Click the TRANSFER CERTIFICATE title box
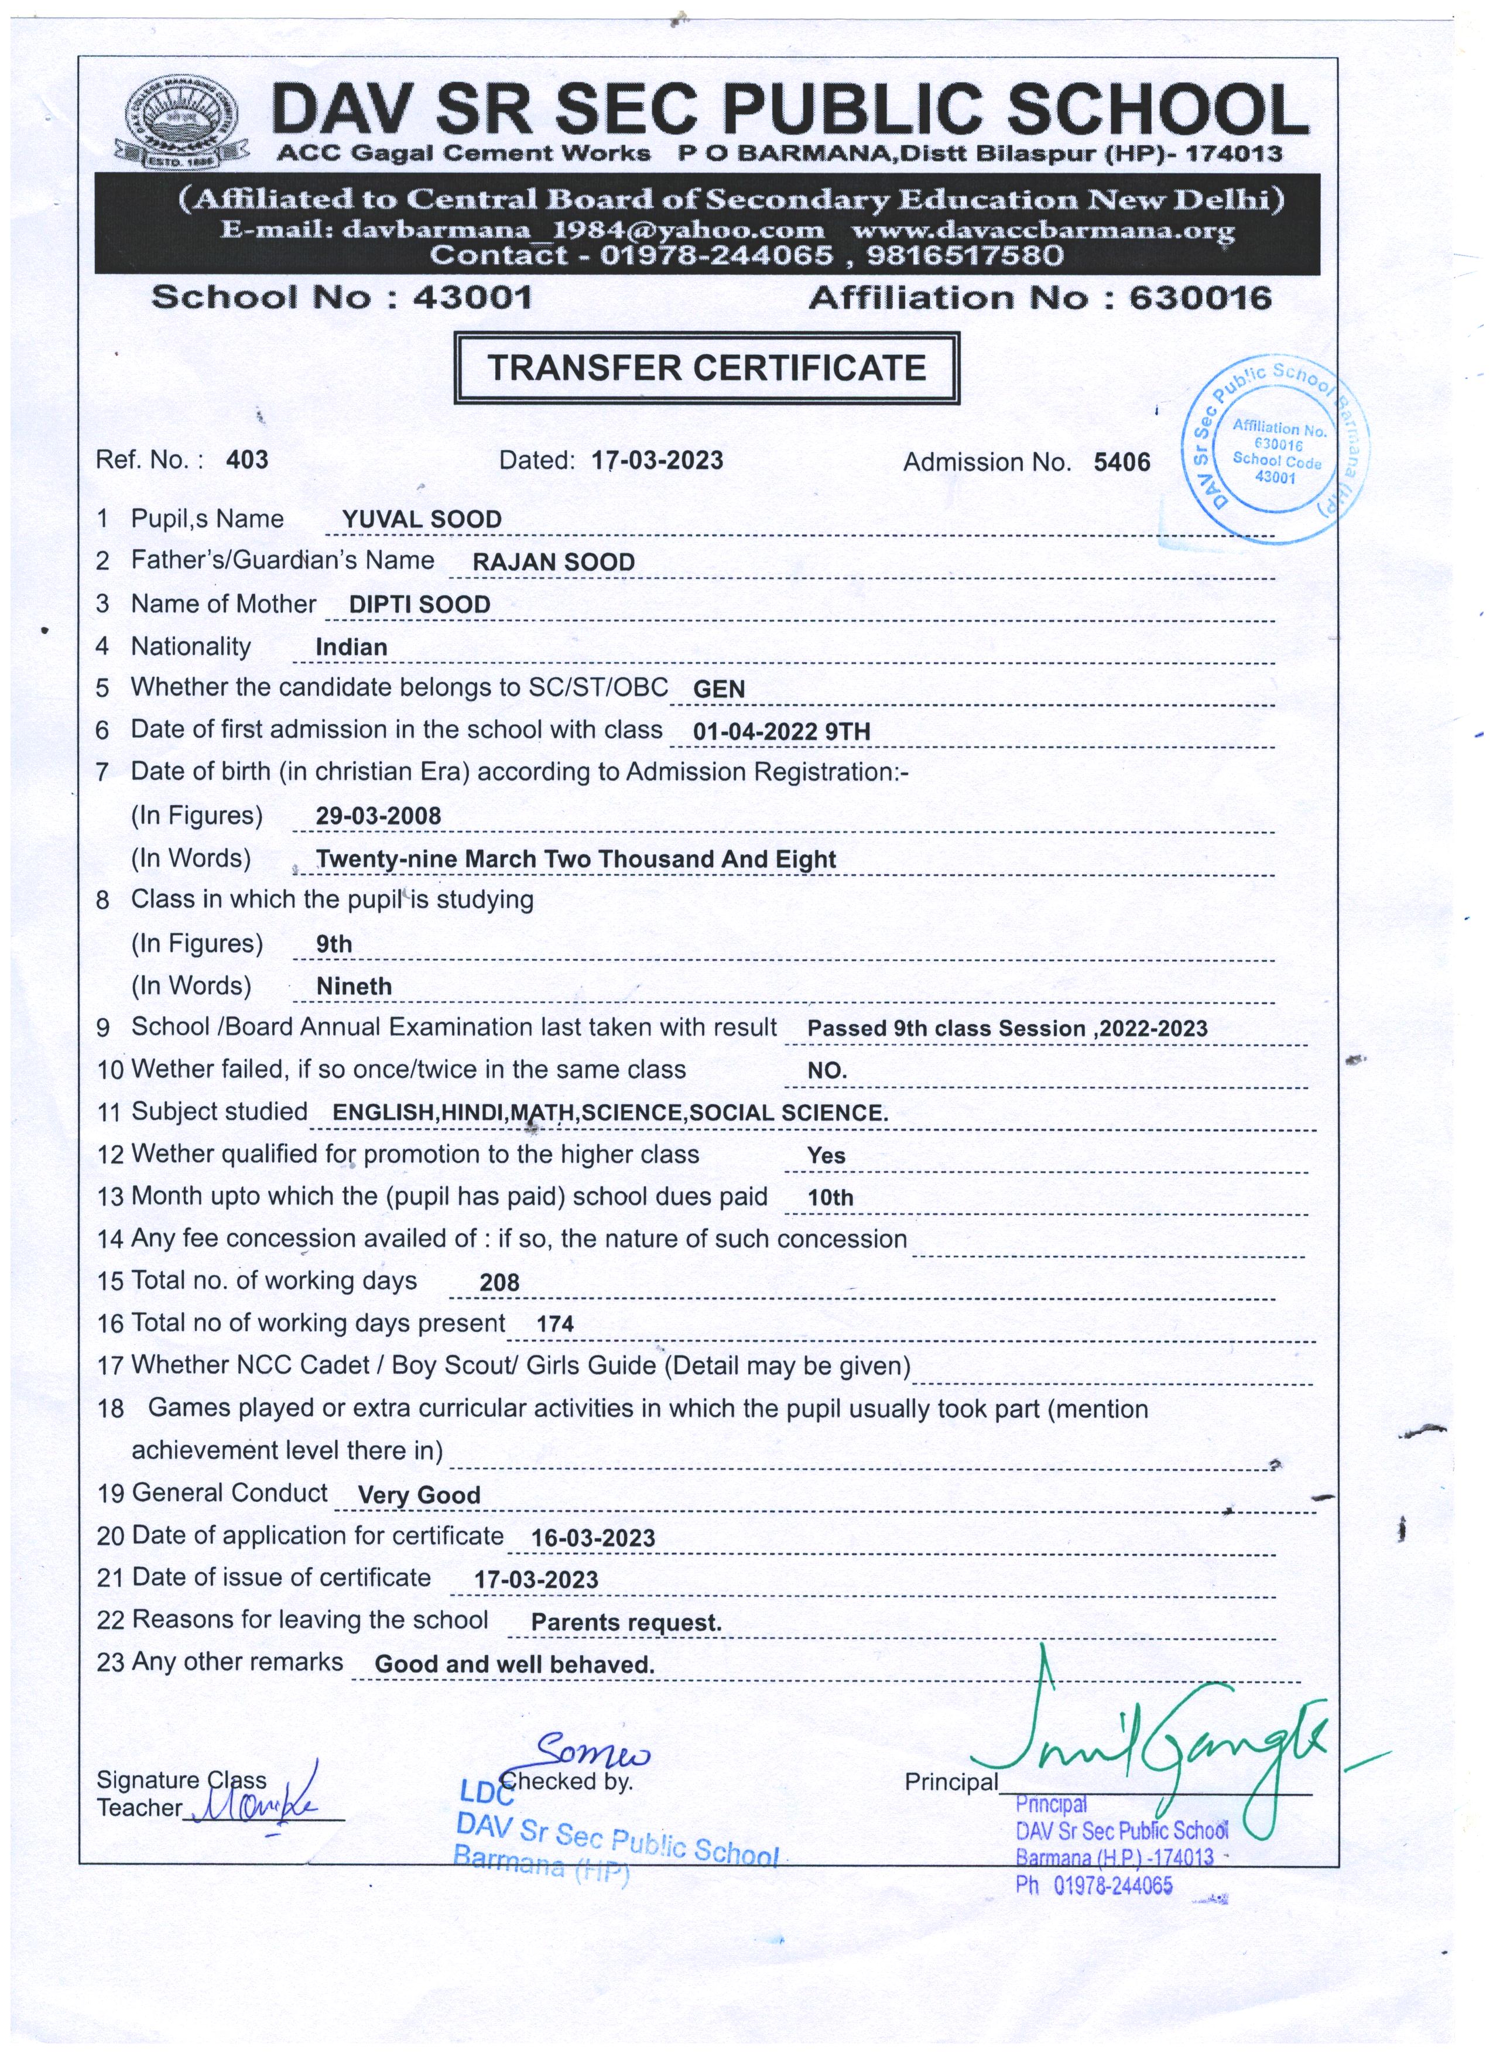tap(706, 368)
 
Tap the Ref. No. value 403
tap(247, 460)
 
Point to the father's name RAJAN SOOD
tap(553, 563)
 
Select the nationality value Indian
tap(351, 648)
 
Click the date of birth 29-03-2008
tap(378, 816)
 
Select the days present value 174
tap(555, 1324)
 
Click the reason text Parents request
tap(626, 1623)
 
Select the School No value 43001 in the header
tap(472, 297)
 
